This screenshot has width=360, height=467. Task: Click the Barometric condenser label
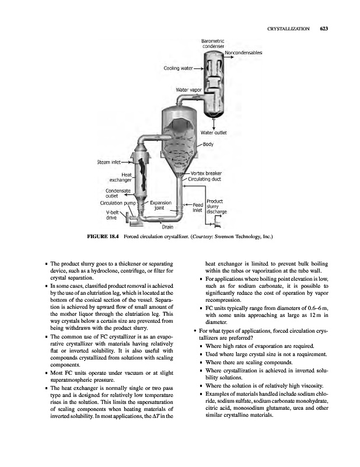214,43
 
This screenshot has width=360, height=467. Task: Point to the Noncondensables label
243,53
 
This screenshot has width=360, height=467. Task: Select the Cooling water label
178,68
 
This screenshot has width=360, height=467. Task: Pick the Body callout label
207,144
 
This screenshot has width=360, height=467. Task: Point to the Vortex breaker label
207,173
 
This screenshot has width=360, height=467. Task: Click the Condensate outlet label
117,193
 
